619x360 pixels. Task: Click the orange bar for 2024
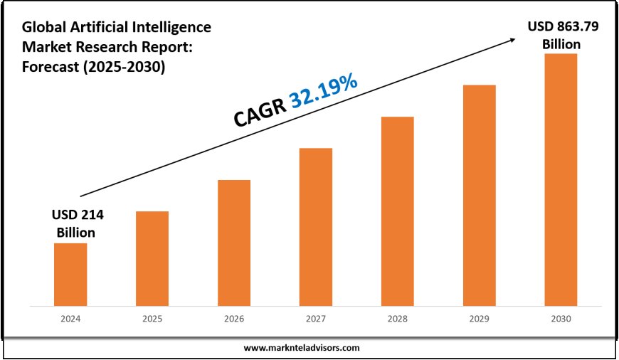coord(70,274)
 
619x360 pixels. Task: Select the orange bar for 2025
coord(152,258)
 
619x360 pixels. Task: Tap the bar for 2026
coord(234,242)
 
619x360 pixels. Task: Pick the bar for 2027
coord(316,226)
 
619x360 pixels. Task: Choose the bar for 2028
coord(397,211)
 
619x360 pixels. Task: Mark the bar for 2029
coord(479,195)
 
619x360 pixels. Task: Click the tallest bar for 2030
coord(561,179)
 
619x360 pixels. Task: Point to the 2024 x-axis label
coord(70,319)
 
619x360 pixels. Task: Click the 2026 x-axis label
coord(234,319)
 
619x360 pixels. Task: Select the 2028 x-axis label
coord(397,319)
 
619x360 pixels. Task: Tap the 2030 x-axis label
coord(561,319)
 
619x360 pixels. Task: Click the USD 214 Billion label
coord(73,223)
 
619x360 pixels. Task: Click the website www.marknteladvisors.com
coord(302,348)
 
